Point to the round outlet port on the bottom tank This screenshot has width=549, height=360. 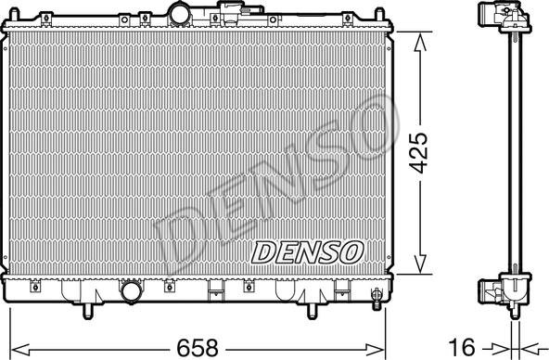click(132, 293)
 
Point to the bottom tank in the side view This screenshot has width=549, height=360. click(502, 291)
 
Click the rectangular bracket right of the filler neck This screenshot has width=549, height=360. click(222, 19)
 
